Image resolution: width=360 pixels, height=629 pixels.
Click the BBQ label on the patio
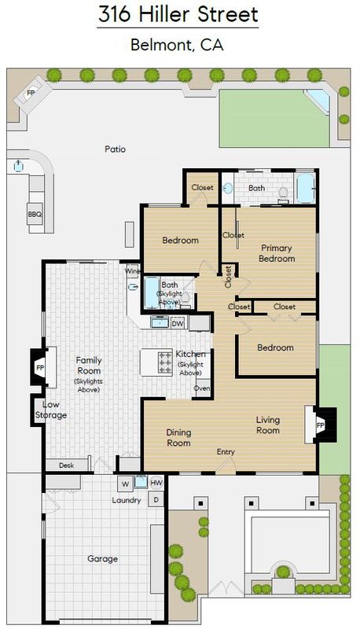35,214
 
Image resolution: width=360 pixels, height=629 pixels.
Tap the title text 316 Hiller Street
178,14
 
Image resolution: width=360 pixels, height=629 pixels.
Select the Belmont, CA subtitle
177,45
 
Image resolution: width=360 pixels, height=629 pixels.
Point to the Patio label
115,149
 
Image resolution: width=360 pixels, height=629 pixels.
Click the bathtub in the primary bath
306,188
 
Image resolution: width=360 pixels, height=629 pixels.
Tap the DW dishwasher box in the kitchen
177,323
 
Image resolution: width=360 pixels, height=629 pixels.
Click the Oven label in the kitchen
202,388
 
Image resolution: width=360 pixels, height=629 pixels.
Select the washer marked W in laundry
126,484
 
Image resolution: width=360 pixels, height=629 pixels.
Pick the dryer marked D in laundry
156,500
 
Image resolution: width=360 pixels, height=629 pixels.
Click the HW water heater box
156,483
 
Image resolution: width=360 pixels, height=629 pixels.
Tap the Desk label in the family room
67,465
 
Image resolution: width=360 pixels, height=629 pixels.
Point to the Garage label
103,559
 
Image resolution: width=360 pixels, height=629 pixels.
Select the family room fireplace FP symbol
40,367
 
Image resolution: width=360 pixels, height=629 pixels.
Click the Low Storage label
51,410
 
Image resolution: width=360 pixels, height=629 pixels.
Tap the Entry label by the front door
226,452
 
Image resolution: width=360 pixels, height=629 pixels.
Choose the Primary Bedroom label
277,253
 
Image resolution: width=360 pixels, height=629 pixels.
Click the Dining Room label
178,438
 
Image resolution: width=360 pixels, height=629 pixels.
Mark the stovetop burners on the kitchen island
166,362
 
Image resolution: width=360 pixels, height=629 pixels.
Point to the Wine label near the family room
133,271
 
